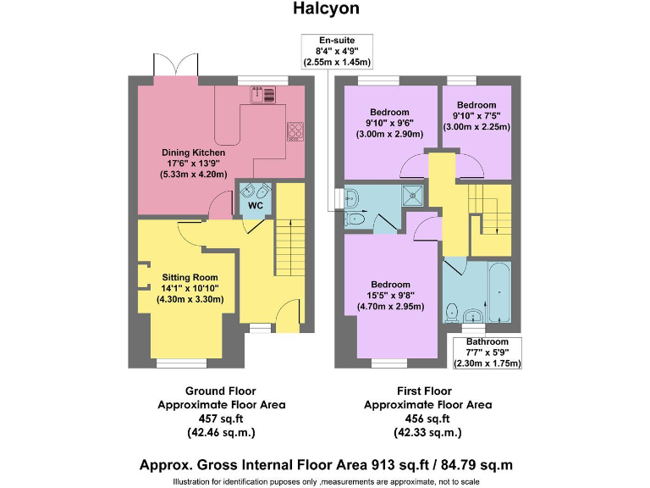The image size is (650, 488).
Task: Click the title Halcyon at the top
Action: click(x=326, y=9)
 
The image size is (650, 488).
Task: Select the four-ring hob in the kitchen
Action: click(x=297, y=130)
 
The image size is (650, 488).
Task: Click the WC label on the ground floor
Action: click(x=253, y=205)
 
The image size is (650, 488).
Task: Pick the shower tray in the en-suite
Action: click(x=415, y=195)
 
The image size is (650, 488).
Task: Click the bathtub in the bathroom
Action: click(x=499, y=292)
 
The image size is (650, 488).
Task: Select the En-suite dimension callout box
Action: click(x=337, y=51)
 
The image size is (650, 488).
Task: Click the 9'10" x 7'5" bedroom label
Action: click(x=476, y=116)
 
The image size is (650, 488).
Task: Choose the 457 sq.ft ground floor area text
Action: click(x=221, y=419)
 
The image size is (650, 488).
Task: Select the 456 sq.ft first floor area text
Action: click(x=427, y=419)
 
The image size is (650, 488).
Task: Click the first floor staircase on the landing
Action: click(x=492, y=211)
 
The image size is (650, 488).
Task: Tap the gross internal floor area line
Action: click(x=326, y=465)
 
